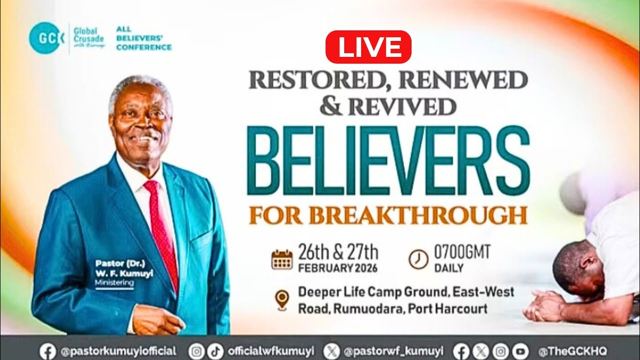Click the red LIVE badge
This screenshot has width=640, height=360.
click(368, 47)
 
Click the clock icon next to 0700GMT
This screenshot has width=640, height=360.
click(418, 259)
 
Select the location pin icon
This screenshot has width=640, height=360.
click(282, 299)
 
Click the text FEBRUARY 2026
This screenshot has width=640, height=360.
click(338, 268)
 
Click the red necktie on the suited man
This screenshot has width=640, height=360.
click(161, 230)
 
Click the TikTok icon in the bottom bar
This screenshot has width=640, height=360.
click(212, 351)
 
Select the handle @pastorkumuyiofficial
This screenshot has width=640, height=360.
click(118, 351)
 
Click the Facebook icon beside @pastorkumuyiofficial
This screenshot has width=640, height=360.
click(48, 351)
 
